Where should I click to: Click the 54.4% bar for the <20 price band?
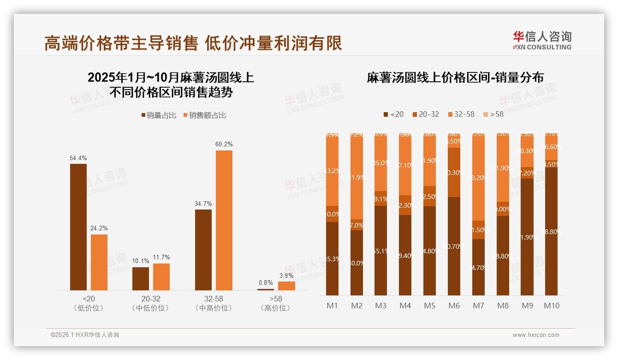[x=78, y=227]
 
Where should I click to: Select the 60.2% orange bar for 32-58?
[x=224, y=220]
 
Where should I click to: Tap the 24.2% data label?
[x=99, y=228]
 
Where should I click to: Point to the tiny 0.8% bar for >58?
[x=266, y=289]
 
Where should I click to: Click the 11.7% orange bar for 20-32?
[x=161, y=276]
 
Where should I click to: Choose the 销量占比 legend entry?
[x=159, y=115]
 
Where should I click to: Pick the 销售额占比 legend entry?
[x=205, y=115]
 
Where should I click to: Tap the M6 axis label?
[x=454, y=306]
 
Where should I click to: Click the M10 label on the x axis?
[x=551, y=306]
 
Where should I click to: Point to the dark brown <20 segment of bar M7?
[x=478, y=267]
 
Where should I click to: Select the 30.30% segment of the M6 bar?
[x=454, y=173]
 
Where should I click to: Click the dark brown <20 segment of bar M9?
[x=527, y=236]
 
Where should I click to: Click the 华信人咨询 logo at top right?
[x=542, y=40]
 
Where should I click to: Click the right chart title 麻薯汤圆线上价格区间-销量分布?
[x=455, y=78]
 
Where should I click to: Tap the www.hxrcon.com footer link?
[x=536, y=335]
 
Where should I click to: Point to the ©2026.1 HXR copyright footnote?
[x=85, y=335]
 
